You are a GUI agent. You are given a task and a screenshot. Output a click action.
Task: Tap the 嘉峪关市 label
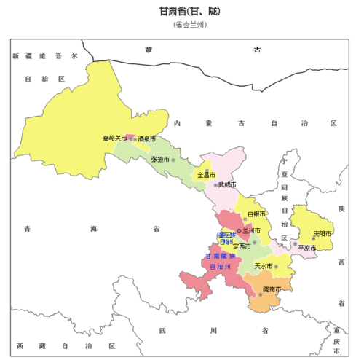point(114,138)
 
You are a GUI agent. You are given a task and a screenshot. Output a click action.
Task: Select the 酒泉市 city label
point(148,138)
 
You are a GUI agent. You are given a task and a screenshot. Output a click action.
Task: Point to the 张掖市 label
point(159,159)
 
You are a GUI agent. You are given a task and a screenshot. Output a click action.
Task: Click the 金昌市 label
point(206,176)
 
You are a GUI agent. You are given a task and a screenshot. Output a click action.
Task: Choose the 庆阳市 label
point(322,234)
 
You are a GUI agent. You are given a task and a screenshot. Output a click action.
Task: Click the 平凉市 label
point(307,248)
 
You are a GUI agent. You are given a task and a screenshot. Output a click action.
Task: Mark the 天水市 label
point(263,267)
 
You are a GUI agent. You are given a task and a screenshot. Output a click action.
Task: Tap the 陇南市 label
point(272,289)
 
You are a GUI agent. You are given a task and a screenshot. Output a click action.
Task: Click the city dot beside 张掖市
point(173,159)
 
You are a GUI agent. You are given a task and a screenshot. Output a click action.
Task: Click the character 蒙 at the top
point(148,50)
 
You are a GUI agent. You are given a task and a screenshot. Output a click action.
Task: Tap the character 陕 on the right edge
point(340,209)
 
